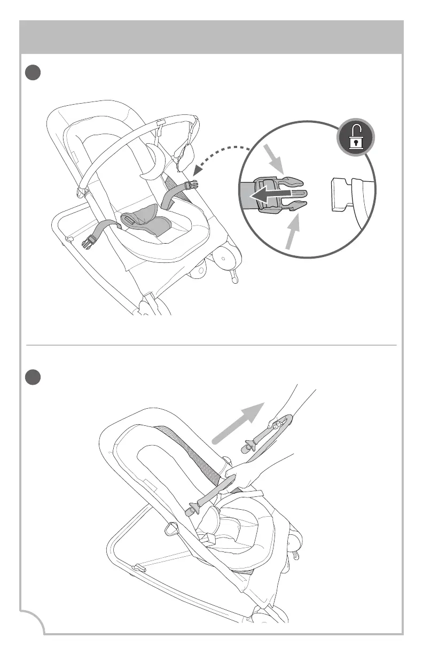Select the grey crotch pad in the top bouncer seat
145,224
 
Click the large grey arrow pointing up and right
237,422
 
